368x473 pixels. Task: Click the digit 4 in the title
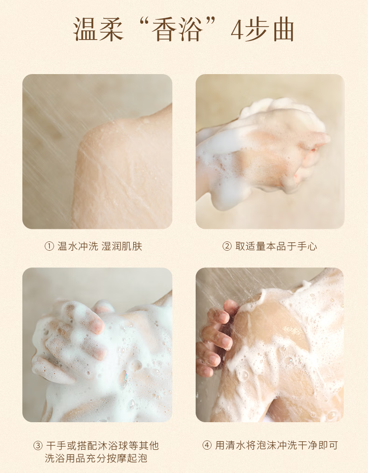point(237,30)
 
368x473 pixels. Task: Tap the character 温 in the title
point(85,29)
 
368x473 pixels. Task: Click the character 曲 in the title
point(283,29)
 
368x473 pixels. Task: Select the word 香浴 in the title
point(177,29)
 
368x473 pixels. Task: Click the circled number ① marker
point(49,247)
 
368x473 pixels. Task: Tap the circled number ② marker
point(227,247)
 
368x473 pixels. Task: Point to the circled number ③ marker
point(38,446)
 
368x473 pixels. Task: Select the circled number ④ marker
point(207,445)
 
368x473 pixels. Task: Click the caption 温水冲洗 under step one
point(78,247)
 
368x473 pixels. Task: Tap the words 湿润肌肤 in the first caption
point(122,247)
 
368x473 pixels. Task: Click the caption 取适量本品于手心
point(276,247)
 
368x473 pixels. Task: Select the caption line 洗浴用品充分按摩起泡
point(96,458)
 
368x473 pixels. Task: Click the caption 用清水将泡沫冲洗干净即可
point(276,445)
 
